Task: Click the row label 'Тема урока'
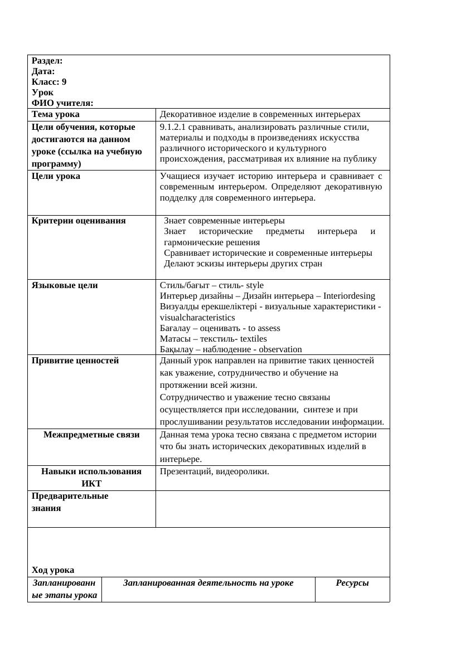point(56,114)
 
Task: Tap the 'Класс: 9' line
point(49,82)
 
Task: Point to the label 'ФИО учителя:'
point(62,103)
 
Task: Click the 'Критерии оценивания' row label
point(79,221)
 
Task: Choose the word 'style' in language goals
point(255,285)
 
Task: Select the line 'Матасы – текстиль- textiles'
point(213,339)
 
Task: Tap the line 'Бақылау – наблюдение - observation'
point(231,349)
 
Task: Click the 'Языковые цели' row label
point(65,285)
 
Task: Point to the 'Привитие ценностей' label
point(75,361)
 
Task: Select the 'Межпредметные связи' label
point(91,435)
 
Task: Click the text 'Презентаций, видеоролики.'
point(214,471)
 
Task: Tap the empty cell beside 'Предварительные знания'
point(272,509)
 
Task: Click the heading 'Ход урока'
point(53,570)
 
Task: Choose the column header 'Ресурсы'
point(352,583)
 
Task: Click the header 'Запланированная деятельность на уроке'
point(208,583)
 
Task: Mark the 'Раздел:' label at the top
point(47,61)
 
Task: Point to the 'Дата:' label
point(43,71)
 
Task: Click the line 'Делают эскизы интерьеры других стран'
point(243,264)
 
